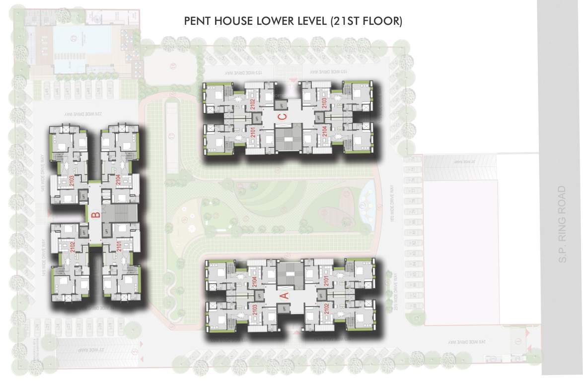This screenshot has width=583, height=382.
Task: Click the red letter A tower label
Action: pyautogui.click(x=285, y=294)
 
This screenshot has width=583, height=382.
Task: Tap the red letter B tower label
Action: pyautogui.click(x=96, y=215)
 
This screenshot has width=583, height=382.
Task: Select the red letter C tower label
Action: pyautogui.click(x=282, y=117)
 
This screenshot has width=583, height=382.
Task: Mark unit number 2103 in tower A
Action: pyautogui.click(x=254, y=309)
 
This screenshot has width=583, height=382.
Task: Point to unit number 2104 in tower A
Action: pyautogui.click(x=254, y=283)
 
